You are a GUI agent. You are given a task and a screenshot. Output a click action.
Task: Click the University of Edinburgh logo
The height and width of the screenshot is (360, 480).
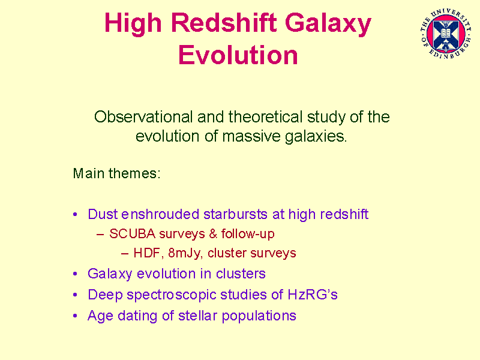(445, 34)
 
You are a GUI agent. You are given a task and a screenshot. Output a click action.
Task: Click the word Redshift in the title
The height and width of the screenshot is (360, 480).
(224, 23)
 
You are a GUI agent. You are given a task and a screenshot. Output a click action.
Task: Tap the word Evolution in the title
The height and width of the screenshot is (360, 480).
(238, 55)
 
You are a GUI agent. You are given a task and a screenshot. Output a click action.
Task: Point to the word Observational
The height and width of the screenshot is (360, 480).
(143, 117)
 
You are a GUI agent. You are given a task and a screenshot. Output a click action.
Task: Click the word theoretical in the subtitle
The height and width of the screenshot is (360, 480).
(265, 117)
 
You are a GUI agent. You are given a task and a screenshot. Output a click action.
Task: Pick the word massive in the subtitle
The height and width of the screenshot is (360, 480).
(251, 136)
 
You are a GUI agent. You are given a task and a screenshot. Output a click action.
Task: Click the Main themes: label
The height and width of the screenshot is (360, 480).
(116, 173)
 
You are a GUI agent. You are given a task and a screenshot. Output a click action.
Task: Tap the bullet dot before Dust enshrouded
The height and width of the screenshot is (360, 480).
(76, 214)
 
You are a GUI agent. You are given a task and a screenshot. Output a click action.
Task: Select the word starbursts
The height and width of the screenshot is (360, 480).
(235, 214)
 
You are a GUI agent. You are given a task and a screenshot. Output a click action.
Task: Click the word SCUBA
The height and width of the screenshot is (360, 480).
(132, 234)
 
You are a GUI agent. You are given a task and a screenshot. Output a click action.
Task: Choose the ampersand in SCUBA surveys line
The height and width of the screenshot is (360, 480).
(213, 234)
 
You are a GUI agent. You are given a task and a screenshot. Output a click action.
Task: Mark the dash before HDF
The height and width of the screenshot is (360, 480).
(125, 254)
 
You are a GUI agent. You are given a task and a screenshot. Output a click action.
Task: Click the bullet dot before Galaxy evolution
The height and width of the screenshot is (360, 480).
(76, 274)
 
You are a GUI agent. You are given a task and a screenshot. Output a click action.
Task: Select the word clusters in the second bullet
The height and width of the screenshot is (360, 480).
(241, 274)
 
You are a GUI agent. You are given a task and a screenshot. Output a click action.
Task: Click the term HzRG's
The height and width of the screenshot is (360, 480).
(312, 295)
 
